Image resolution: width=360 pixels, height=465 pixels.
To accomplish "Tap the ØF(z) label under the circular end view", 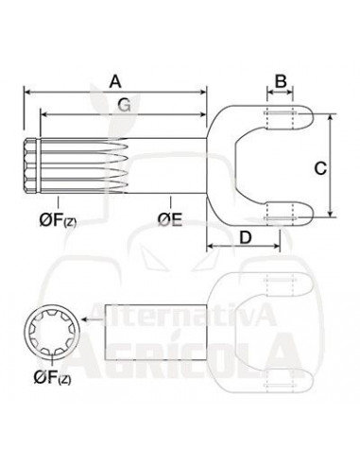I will click(53, 380).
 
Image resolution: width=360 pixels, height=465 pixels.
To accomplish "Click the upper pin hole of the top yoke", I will click(278, 117).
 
